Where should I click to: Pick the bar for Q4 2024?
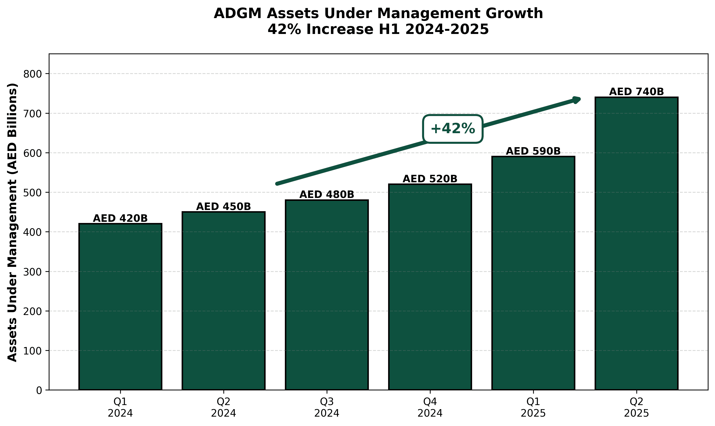430,287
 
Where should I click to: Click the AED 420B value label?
120,218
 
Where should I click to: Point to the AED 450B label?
223,207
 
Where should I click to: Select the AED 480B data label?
327,195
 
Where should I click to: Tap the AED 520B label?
430,179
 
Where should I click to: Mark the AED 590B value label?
533,151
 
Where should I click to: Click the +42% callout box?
453,129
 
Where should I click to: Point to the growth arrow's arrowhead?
577,100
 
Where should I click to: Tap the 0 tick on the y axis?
39,390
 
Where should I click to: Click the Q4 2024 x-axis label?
430,407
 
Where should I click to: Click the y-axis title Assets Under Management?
12,222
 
